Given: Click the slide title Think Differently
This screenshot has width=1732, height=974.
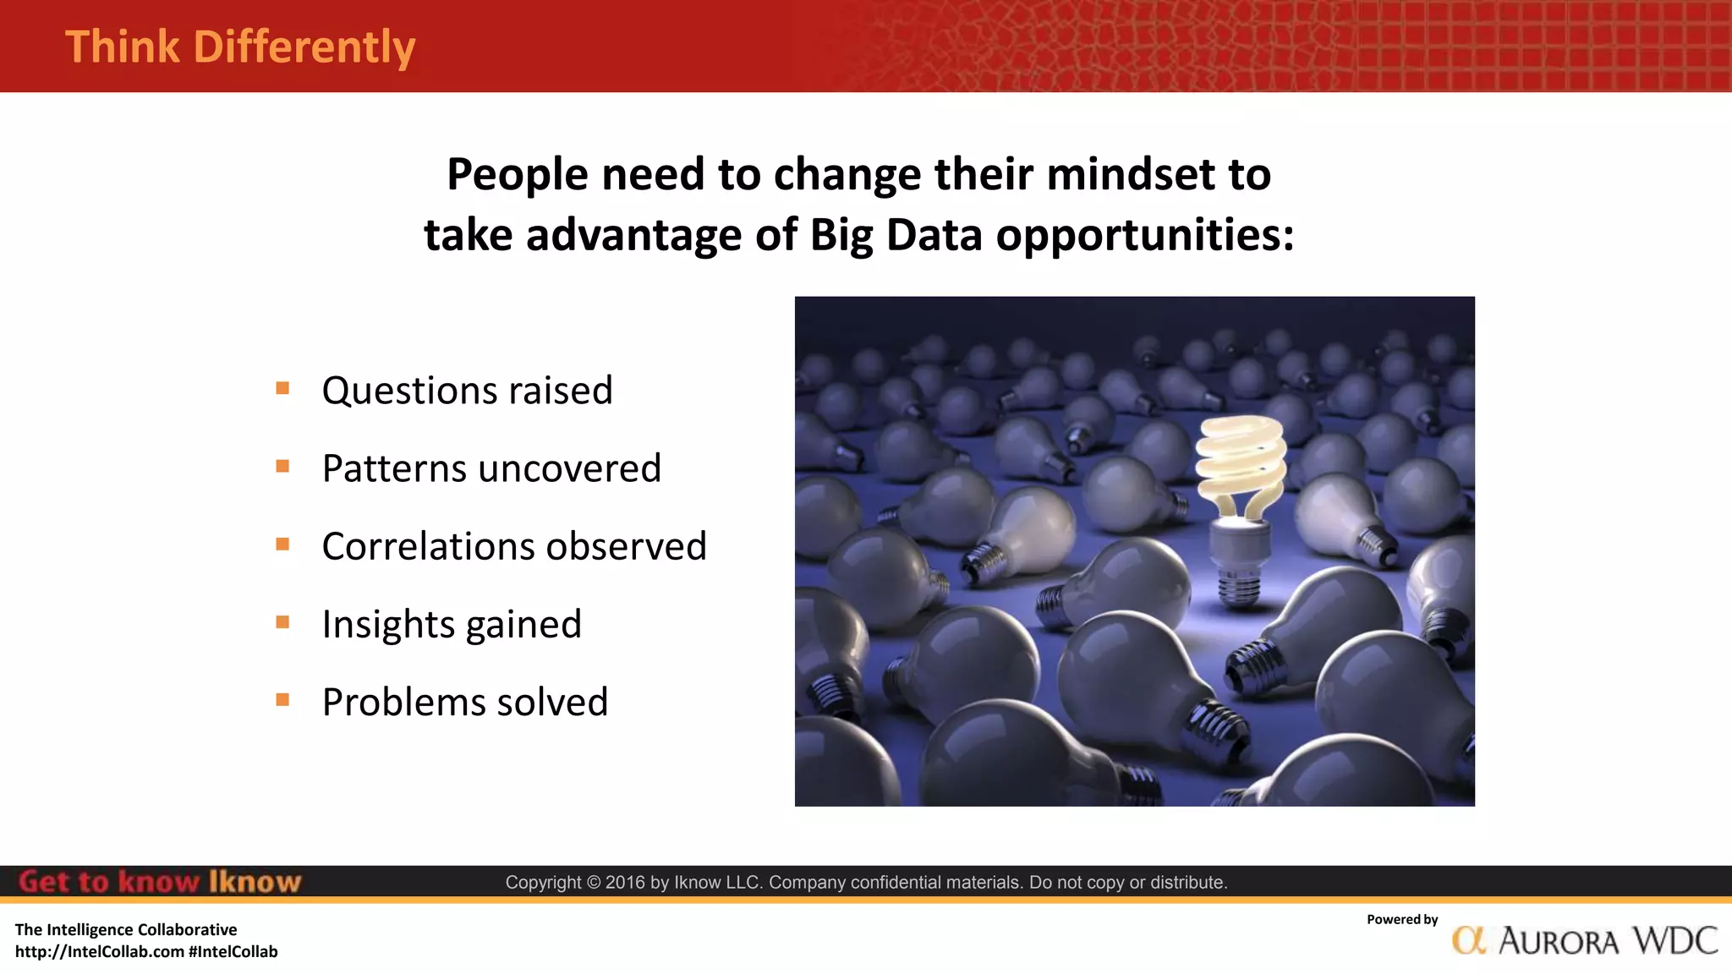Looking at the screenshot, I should tap(240, 47).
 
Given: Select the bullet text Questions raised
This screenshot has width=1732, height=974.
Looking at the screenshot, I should tap(467, 391).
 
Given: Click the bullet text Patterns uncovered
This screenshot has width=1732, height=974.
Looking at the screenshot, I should tap(491, 468).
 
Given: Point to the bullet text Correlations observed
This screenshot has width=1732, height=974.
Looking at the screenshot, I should tap(513, 546).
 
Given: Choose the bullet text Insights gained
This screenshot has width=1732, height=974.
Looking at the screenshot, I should tap(452, 625).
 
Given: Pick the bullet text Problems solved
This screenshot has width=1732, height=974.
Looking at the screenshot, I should tap(465, 703).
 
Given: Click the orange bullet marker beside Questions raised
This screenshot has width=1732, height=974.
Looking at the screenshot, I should tap(282, 389).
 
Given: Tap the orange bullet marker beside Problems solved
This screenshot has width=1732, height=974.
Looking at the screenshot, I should tap(282, 700).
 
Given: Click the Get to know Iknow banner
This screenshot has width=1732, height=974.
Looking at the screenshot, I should tap(159, 882).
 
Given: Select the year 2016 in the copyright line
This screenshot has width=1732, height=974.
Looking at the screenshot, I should tap(624, 883).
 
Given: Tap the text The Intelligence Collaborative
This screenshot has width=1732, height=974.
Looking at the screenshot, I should tap(126, 930).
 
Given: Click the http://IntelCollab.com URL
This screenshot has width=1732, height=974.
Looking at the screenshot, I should tap(100, 952).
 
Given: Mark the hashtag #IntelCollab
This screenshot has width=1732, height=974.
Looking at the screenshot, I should tap(233, 952).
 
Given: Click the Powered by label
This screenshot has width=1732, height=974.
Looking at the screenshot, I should tap(1402, 920).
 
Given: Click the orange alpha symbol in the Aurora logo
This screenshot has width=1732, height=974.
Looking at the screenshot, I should tap(1469, 940).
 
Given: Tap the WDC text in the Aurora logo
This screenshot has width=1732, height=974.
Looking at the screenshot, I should tap(1674, 940).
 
